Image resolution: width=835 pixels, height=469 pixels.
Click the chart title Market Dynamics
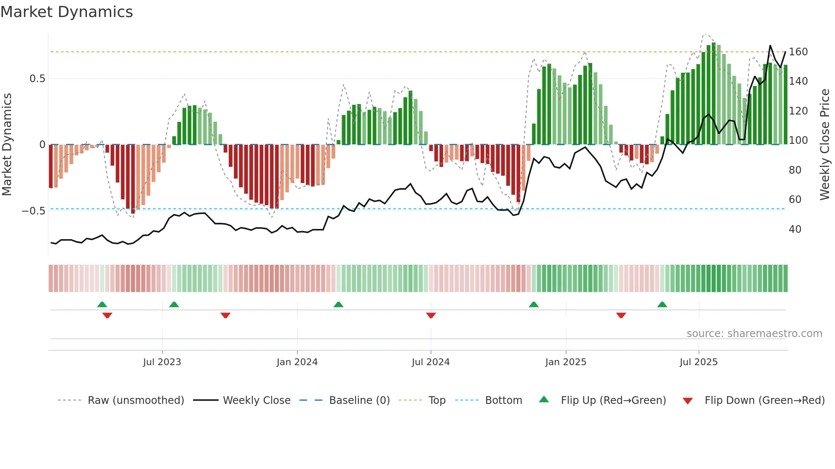point(66,12)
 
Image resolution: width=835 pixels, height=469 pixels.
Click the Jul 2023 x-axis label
point(162,362)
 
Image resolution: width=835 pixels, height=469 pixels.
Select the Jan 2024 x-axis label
point(297,362)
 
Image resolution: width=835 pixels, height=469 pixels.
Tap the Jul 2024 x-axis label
point(431,362)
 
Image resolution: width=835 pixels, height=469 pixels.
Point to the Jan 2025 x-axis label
point(566,362)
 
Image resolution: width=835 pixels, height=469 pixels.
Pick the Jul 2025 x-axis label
point(699,362)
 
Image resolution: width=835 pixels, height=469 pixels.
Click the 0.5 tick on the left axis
point(37,79)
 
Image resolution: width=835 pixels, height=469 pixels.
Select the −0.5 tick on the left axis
point(34,211)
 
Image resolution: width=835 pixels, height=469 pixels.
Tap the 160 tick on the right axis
point(798,52)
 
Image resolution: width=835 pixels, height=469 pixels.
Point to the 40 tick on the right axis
point(795,229)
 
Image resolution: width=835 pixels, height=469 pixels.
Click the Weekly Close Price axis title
point(825,145)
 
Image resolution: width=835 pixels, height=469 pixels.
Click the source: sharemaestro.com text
point(754,334)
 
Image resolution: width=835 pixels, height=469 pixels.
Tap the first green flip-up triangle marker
point(102,304)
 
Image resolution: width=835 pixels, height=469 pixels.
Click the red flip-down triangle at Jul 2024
point(431,315)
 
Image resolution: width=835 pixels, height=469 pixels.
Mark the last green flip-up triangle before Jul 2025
point(662,304)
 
